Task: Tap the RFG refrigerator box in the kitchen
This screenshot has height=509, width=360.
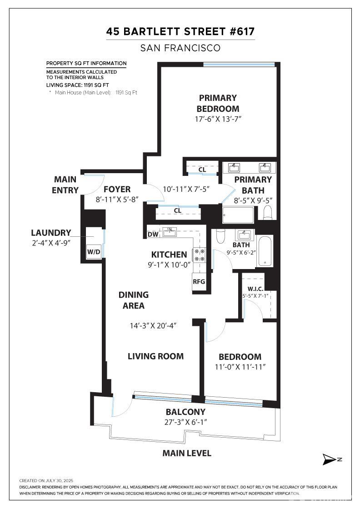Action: point(199,281)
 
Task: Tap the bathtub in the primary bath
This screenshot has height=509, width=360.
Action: point(238,215)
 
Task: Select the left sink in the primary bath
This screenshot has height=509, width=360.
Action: point(235,168)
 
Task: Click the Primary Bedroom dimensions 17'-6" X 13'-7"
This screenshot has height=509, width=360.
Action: point(218,119)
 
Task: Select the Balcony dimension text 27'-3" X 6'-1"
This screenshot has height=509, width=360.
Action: point(185,422)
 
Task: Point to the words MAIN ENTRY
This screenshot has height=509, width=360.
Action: point(65,185)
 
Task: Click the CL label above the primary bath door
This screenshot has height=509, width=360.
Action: point(202,170)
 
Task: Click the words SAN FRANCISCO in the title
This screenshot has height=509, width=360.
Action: point(180,48)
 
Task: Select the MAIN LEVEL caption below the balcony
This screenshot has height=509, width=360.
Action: point(187,453)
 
